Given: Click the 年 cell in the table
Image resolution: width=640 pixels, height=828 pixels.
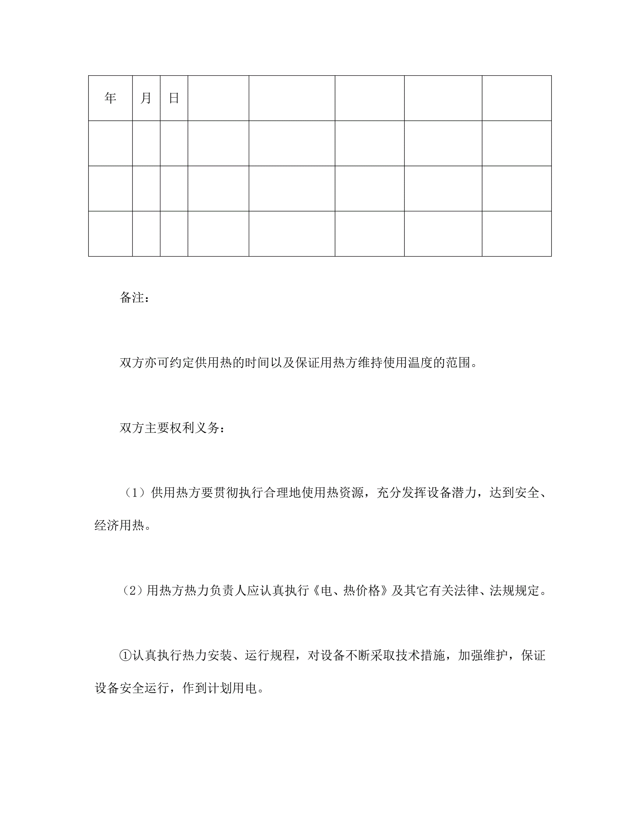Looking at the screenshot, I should pyautogui.click(x=111, y=98).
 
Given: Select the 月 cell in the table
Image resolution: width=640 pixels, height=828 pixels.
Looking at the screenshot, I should pyautogui.click(x=146, y=98).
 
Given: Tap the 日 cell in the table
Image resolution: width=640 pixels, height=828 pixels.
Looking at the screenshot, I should pyautogui.click(x=174, y=98).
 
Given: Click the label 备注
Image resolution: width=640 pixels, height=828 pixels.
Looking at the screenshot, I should pyautogui.click(x=131, y=298).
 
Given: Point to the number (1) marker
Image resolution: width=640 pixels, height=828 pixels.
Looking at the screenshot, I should pyautogui.click(x=135, y=493).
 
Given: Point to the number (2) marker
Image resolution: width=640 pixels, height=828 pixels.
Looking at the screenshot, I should pyautogui.click(x=133, y=591).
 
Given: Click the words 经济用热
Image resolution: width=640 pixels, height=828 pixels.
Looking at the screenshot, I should pyautogui.click(x=119, y=526).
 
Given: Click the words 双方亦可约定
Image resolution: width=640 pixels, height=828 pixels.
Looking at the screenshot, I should pyautogui.click(x=157, y=363).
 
